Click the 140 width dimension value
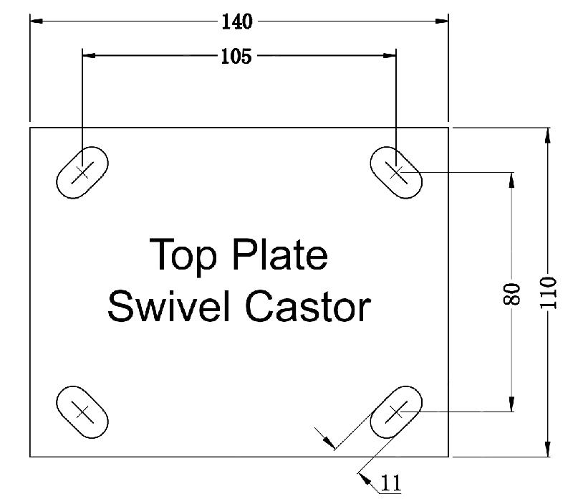[237, 22]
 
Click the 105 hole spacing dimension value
[236, 57]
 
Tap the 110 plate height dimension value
[549, 293]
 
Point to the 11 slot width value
[390, 484]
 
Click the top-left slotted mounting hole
[82, 172]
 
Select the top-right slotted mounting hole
[395, 172]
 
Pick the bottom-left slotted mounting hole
[82, 412]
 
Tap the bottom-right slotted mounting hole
[395, 412]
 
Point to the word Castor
[309, 308]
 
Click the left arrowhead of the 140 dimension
[36, 22]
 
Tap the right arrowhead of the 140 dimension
[442, 22]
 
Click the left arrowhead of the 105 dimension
[89, 54]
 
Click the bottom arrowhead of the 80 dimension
[512, 406]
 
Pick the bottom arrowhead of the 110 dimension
[548, 450]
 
